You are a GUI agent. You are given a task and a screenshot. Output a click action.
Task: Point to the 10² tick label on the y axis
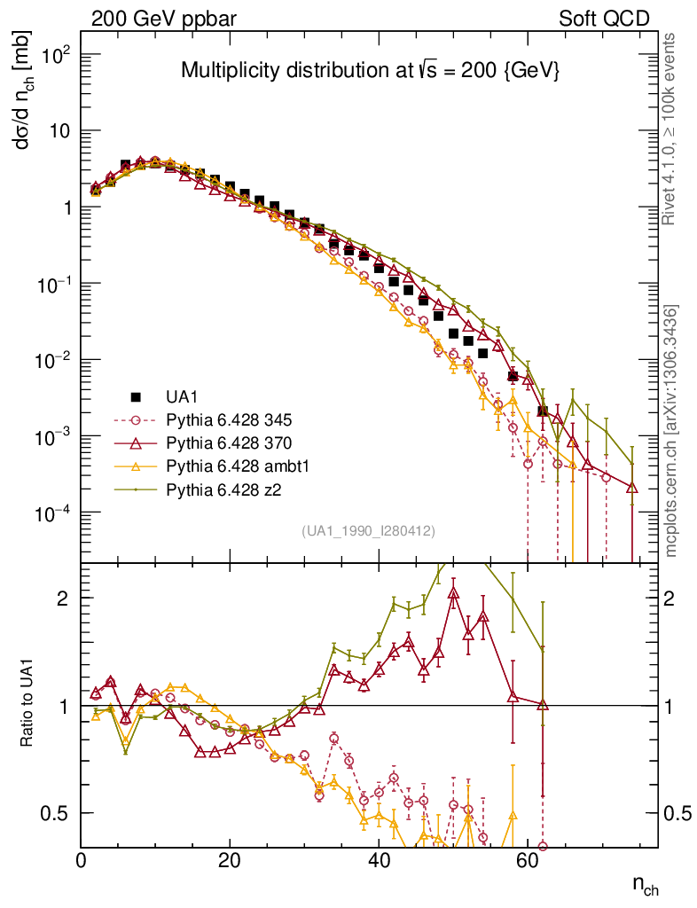55,55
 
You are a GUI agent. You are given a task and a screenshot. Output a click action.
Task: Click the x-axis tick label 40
379,861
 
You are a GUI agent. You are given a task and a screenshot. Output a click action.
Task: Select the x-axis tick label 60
528,861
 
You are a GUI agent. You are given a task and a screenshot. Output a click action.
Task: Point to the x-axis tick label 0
82,861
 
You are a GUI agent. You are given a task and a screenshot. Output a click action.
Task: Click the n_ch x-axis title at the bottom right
645,885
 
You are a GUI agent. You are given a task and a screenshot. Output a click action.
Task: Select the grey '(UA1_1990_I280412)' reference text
368,531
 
